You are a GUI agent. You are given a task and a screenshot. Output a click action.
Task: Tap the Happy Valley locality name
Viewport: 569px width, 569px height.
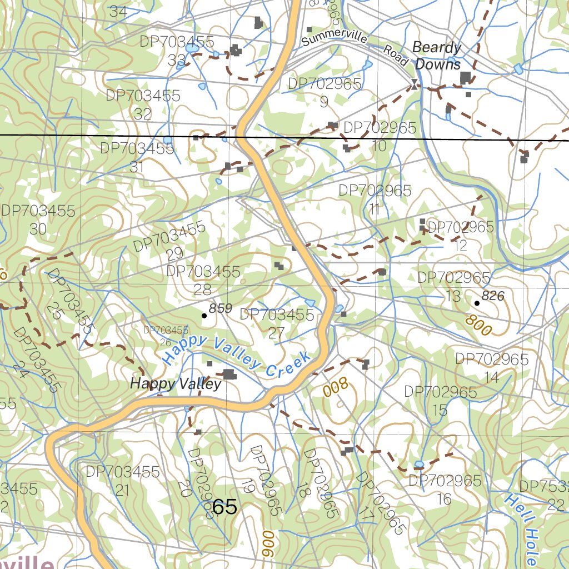coord(176,383)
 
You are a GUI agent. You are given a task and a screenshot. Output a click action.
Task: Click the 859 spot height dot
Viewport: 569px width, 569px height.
coord(204,316)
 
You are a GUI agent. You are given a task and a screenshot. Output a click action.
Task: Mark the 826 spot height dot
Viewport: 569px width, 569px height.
coord(477,303)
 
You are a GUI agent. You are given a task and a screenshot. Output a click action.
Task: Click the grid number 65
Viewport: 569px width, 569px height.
coord(224,507)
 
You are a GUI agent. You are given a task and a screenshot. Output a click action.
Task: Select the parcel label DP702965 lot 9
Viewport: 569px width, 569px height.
coord(325,92)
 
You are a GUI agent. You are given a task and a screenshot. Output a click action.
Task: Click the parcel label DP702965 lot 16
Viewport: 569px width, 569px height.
coord(445,489)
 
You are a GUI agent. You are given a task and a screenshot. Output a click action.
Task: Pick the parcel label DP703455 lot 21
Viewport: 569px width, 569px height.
coord(123,481)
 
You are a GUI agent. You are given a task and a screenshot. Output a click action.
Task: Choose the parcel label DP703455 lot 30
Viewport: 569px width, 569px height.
coord(38,219)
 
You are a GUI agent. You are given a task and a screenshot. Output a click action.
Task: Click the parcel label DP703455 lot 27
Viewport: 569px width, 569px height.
coord(277,323)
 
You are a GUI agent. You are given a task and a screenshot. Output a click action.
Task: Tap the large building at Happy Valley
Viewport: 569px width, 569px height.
coord(229,375)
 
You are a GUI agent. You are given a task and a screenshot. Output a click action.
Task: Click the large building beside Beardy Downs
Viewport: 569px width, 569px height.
coord(465,77)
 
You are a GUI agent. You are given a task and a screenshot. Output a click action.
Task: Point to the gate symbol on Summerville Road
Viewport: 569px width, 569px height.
coord(414,84)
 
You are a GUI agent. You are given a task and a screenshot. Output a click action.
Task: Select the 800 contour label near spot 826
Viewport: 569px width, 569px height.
coord(478,325)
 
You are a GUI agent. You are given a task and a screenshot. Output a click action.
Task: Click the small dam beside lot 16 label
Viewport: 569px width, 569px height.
coord(419,464)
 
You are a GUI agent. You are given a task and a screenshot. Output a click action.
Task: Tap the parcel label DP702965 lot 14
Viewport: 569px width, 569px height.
coord(492,368)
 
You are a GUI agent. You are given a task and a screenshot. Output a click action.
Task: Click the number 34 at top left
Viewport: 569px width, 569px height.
coord(118,11)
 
